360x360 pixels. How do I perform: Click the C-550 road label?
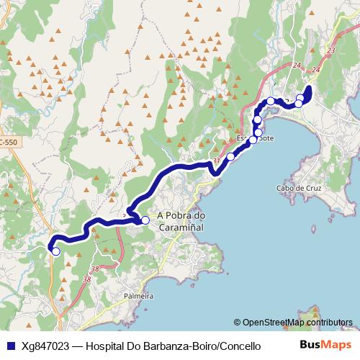pos(9,144)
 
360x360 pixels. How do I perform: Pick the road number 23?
pos(330,50)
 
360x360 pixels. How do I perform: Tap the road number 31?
pos(215,161)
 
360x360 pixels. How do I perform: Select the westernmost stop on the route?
pos(55,251)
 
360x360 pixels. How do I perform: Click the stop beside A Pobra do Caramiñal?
pos(145,220)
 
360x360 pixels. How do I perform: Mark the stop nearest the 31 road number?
pos(230,156)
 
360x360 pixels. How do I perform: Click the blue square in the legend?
pos(9,345)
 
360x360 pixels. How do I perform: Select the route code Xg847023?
pos(46,346)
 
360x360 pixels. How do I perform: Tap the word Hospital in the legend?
pos(109,346)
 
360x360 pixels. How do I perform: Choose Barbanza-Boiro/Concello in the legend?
pos(204,346)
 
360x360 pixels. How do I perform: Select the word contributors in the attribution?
pos(330,323)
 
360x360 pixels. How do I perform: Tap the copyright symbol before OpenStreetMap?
pos(238,323)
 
